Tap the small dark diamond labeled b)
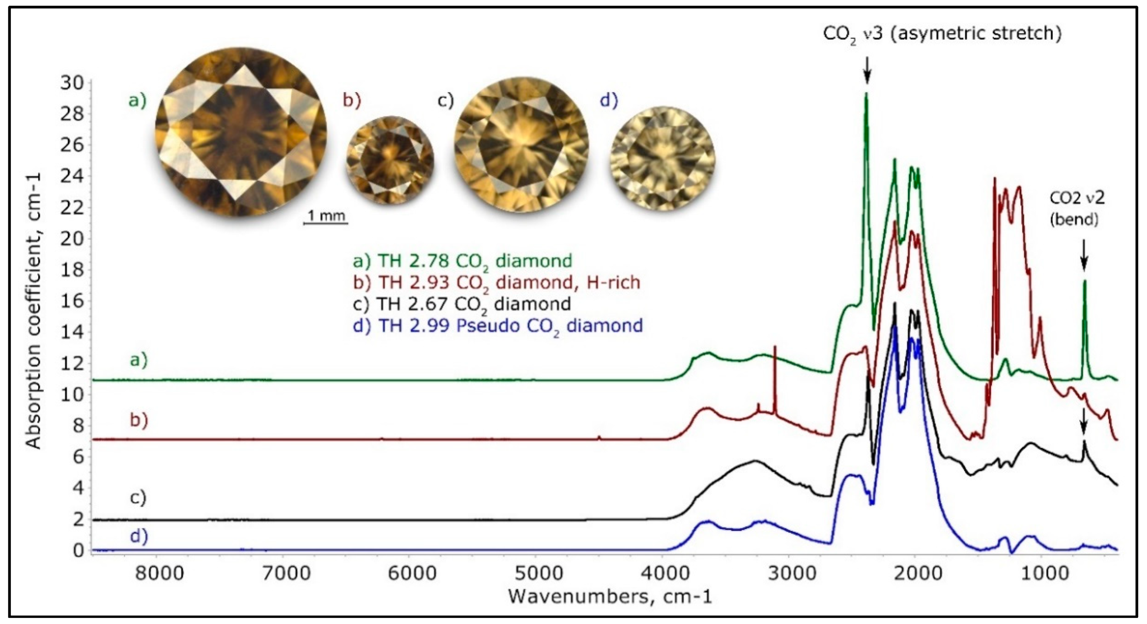389,160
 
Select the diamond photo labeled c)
521,145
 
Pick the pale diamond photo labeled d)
663,158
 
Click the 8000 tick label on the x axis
160,573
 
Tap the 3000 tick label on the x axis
789,573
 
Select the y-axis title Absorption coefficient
33,311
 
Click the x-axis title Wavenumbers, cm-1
610,597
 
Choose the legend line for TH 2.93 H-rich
496,282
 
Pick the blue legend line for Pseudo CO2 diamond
498,326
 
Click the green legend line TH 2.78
462,261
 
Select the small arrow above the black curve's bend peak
1083,420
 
